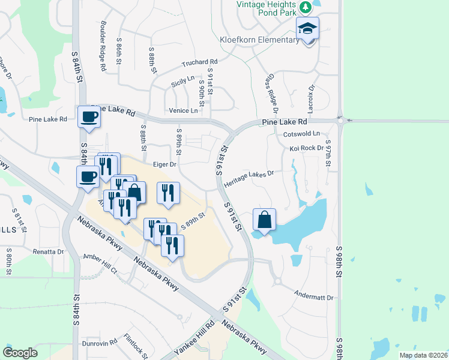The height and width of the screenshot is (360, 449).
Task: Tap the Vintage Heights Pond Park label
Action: pos(268,11)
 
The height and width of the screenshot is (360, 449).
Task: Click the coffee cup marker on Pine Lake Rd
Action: pos(89,116)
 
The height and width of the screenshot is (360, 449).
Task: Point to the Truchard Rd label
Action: pos(200,62)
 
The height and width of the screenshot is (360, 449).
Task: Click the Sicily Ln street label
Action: pos(183,79)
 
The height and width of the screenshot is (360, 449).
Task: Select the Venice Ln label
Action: pos(183,110)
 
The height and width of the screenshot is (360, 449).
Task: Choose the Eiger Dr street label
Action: pos(164,164)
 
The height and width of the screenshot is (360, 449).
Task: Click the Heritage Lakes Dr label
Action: pos(249,177)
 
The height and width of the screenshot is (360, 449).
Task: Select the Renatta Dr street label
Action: pos(48,251)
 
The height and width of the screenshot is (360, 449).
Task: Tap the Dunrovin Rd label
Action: pos(100,343)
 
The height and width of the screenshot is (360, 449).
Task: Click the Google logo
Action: pos(20,353)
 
